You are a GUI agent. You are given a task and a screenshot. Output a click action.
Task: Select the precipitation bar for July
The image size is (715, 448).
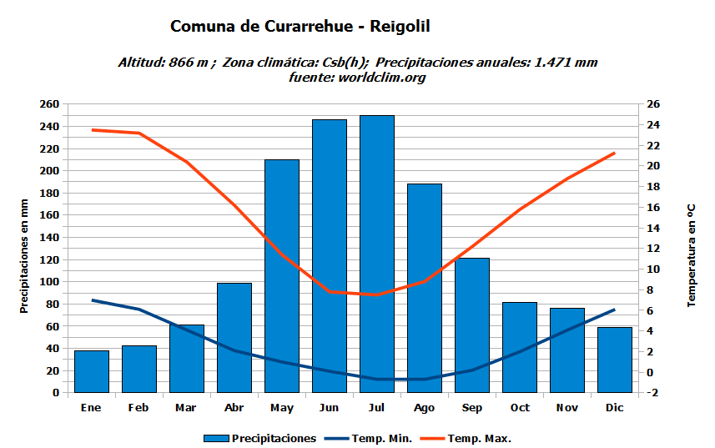click(377, 254)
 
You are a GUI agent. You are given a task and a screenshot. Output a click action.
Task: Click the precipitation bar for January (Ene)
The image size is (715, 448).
click(91, 371)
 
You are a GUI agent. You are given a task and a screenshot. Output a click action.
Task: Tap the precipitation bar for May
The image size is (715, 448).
click(282, 275)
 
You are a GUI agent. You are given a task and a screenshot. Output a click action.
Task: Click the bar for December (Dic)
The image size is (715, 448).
click(615, 360)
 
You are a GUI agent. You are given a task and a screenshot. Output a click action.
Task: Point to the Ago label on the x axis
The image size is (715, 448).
click(425, 408)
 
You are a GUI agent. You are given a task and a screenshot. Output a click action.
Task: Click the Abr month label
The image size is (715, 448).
click(234, 408)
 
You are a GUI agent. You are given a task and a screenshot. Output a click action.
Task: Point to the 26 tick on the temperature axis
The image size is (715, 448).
click(653, 104)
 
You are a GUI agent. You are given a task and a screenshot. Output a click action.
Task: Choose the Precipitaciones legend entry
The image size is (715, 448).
click(260, 439)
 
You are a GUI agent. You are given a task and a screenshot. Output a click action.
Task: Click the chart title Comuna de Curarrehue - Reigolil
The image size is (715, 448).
click(300, 27)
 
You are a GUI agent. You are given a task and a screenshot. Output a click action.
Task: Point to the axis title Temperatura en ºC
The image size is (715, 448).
click(691, 254)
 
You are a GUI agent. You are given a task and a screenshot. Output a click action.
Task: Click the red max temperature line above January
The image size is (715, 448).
click(92, 130)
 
